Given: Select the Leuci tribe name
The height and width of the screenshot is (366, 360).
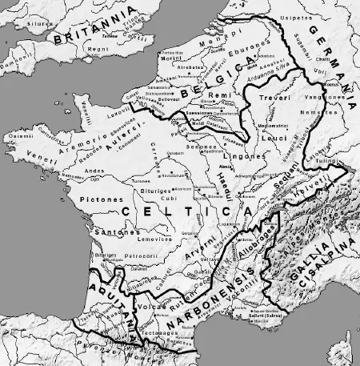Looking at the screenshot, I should coord(274,138).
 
